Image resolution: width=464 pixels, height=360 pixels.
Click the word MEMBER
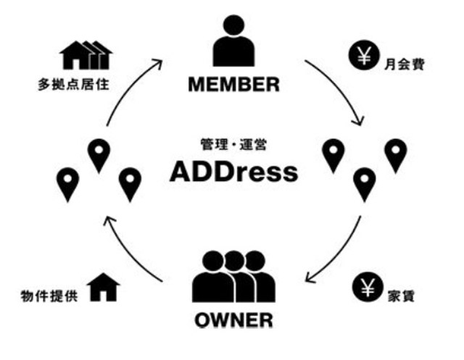pos(233,85)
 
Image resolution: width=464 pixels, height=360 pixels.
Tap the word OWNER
pos(233,320)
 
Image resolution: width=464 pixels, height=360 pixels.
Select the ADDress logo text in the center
pos(233,172)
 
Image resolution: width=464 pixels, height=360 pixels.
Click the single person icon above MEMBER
pos(233,41)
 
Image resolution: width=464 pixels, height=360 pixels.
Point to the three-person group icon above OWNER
pos(233,277)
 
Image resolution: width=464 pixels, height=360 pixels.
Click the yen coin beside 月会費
pos(364,55)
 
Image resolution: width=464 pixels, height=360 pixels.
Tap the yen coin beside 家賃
pos(368,287)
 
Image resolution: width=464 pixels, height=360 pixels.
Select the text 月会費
pos(405,64)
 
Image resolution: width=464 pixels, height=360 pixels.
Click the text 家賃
pos(401,296)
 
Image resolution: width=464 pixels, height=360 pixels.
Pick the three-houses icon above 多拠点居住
pos(86,55)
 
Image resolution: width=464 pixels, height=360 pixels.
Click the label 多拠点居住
pos(74,85)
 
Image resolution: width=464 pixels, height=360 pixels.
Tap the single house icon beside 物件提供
pos(103,287)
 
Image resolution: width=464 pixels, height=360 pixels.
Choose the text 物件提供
pos(49,296)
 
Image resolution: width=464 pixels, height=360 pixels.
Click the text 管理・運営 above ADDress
pos(233,145)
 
